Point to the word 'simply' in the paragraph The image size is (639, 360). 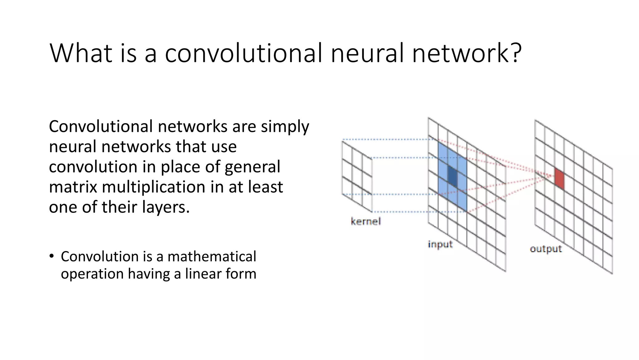(x=285, y=127)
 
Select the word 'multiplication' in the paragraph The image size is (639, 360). (x=153, y=187)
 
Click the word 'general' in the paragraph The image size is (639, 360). (x=252, y=167)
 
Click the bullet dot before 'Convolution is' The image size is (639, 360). (x=51, y=256)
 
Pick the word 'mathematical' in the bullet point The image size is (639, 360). (x=212, y=257)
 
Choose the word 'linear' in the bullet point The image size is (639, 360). (x=202, y=274)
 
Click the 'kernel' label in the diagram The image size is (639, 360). (x=366, y=222)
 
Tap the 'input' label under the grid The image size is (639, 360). (x=440, y=244)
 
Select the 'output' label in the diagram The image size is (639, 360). (x=546, y=249)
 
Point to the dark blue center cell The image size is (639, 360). (x=452, y=176)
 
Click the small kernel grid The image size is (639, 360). (x=357, y=176)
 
